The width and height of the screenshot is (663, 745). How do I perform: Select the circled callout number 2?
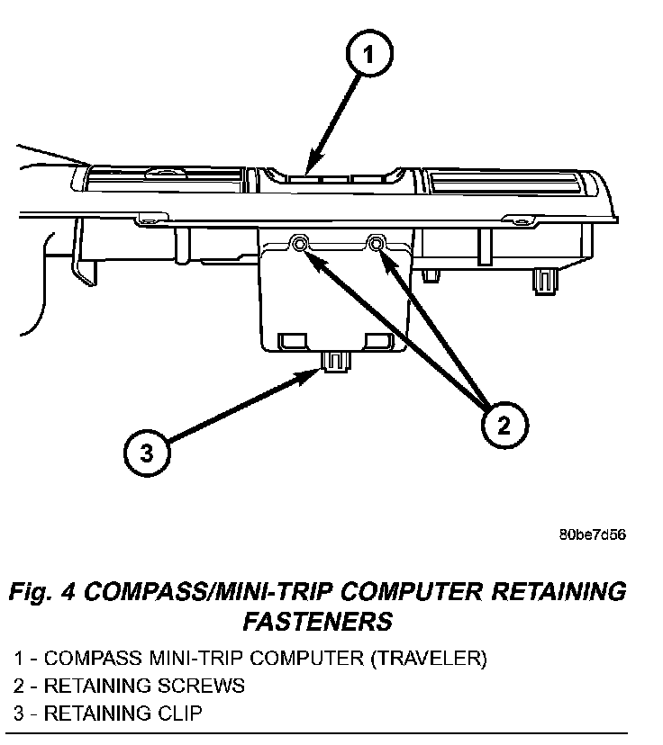point(503,423)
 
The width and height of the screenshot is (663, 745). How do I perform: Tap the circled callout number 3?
point(145,453)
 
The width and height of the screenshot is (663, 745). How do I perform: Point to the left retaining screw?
point(299,244)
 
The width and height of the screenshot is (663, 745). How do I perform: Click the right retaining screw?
point(377,242)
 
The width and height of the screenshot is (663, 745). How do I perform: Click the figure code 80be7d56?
point(592,534)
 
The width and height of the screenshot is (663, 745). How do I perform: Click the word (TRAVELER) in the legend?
point(428,659)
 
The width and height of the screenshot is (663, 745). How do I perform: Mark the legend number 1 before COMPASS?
point(18,659)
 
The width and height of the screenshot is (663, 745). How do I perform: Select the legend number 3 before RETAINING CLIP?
point(18,714)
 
